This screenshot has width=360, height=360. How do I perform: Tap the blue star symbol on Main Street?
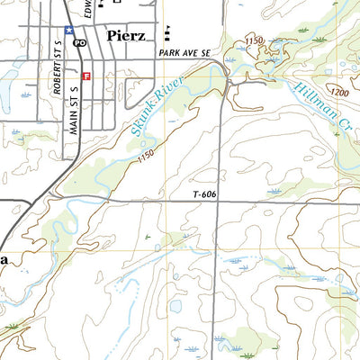(67, 30)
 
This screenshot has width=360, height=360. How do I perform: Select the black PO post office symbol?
(80, 42)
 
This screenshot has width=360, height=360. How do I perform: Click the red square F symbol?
(85, 76)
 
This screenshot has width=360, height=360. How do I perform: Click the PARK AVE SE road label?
(184, 54)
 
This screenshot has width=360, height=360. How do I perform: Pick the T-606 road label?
(206, 194)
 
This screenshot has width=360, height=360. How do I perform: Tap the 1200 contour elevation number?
(339, 93)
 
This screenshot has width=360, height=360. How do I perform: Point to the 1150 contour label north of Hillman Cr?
(255, 41)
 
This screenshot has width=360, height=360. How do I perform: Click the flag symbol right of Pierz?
(168, 35)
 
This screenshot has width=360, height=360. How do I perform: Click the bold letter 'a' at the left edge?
(4, 259)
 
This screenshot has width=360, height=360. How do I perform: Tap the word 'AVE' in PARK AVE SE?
(188, 54)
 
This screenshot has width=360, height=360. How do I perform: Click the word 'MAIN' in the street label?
(73, 118)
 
